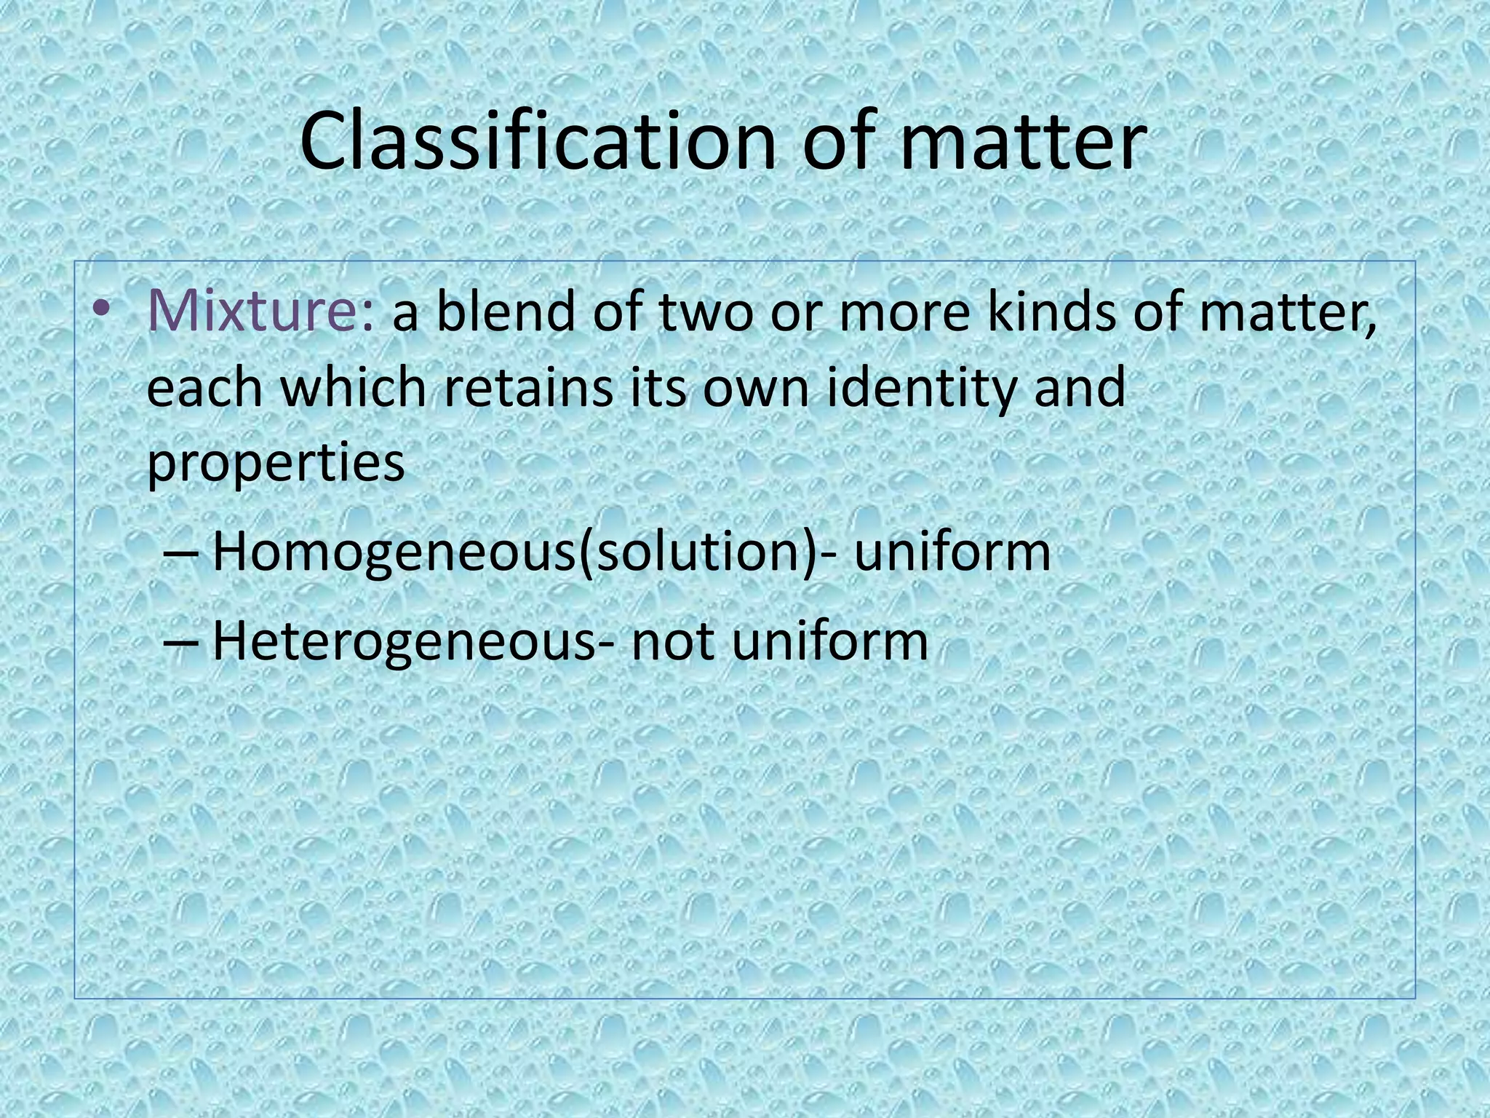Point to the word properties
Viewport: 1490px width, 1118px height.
tap(276, 464)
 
